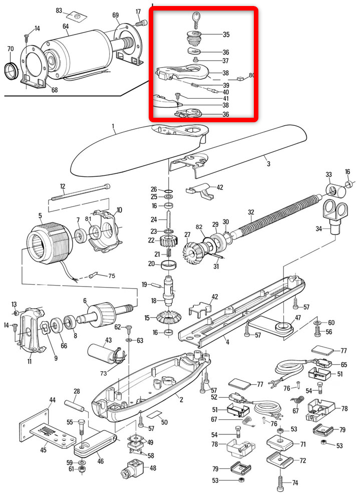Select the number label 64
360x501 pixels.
click(x=66, y=26)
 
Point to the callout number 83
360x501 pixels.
click(x=59, y=10)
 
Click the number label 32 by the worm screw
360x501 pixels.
click(x=251, y=211)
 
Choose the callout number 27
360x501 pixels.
click(x=187, y=234)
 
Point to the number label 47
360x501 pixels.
click(x=297, y=318)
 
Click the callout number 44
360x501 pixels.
click(x=52, y=399)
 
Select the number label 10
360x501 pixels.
click(x=119, y=209)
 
